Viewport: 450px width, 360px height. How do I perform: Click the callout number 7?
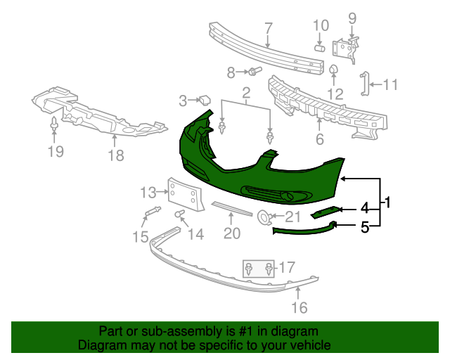tap(268, 30)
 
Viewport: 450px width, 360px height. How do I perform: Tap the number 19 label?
tap(56, 151)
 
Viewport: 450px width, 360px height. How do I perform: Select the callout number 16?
tap(300, 307)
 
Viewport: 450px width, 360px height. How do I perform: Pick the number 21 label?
tap(292, 217)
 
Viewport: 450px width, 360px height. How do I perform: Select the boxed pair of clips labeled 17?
tap(259, 269)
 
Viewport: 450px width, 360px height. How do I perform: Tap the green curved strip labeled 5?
tap(302, 227)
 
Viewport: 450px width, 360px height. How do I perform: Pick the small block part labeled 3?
tap(205, 100)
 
